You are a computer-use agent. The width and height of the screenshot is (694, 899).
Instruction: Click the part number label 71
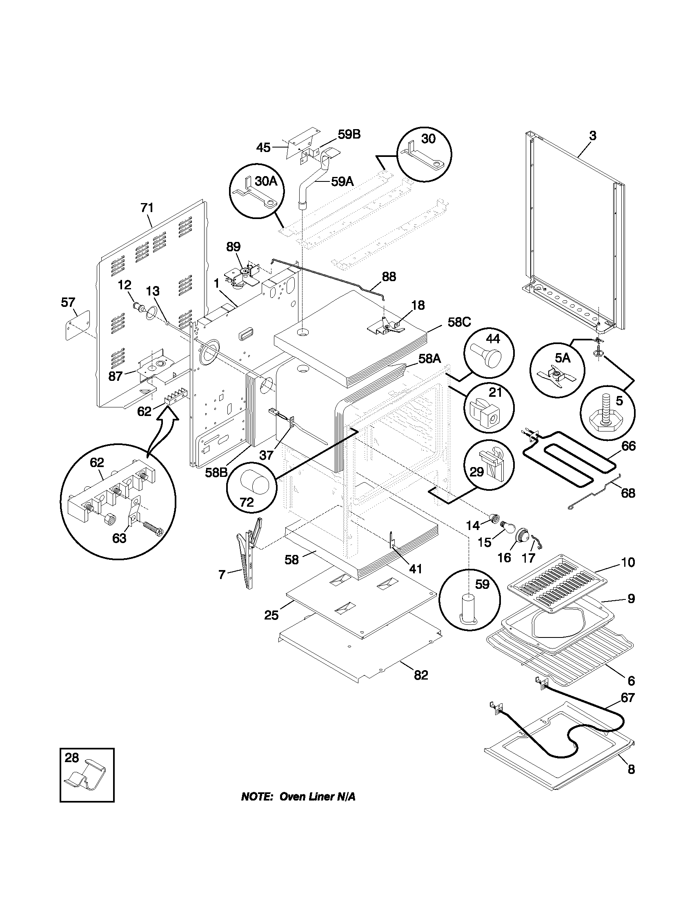pyautogui.click(x=147, y=208)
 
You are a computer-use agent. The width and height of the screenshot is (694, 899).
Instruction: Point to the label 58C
pyautogui.click(x=459, y=322)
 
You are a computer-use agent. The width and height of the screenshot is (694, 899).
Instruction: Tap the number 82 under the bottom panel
pyautogui.click(x=421, y=675)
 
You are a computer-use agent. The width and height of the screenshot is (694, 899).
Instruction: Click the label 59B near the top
pyautogui.click(x=349, y=134)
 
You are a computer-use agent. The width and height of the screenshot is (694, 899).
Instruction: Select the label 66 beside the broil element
pyautogui.click(x=628, y=446)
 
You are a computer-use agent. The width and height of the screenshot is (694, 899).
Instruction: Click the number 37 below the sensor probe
pyautogui.click(x=267, y=455)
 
